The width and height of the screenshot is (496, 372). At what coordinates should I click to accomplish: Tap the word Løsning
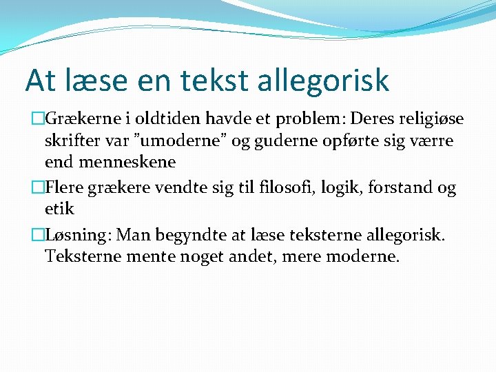click(80, 236)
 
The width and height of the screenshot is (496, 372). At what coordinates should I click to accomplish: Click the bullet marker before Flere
click(39, 187)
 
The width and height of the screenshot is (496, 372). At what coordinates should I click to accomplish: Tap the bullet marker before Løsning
click(39, 235)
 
